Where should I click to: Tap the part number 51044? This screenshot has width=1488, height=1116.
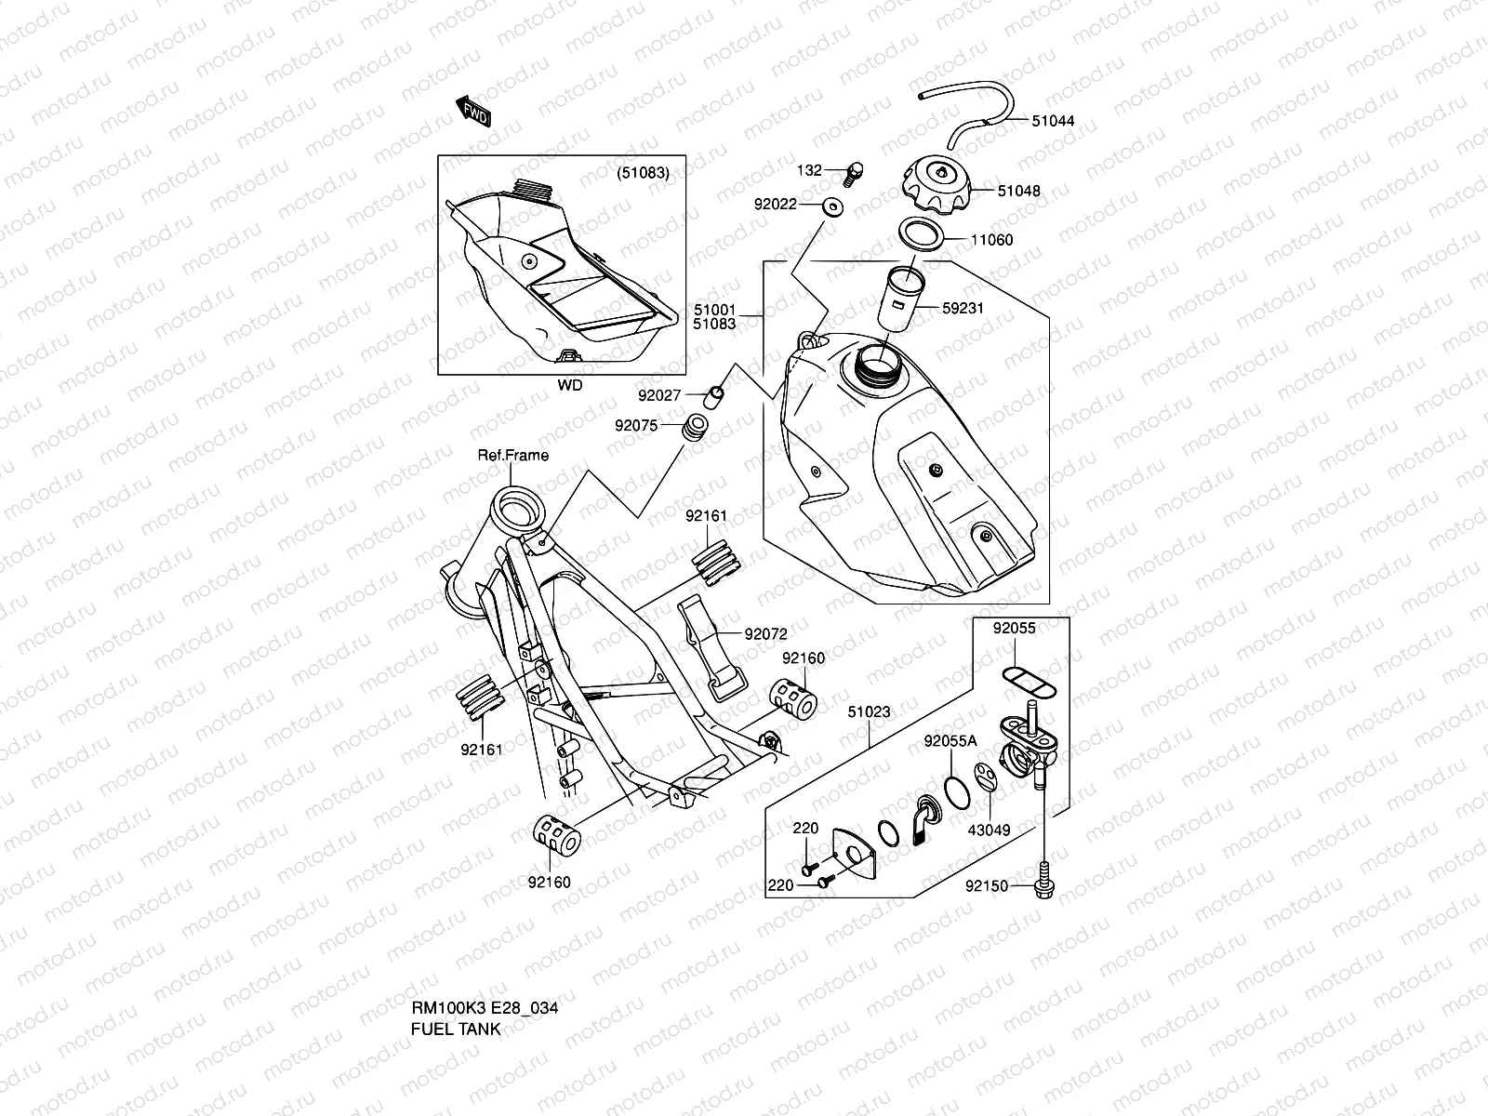tap(1053, 121)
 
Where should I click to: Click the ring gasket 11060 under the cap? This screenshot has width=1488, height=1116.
tap(922, 233)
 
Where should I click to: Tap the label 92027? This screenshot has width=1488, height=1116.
tap(660, 395)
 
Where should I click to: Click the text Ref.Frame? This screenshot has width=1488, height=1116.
tap(512, 456)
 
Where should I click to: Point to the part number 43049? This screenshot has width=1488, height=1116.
tap(989, 830)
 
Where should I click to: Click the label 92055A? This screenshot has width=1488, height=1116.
tap(950, 741)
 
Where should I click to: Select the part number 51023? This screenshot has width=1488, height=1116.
tap(869, 712)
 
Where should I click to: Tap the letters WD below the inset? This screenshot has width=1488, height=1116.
tap(570, 385)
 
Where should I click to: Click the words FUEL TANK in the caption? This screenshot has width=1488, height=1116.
tap(456, 1030)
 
